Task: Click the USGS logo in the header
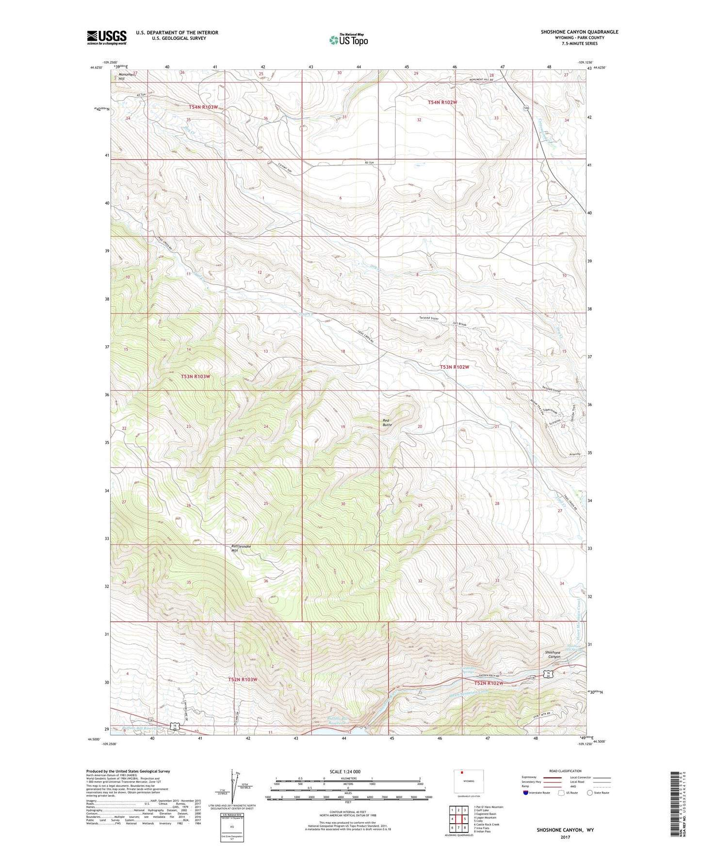pyautogui.click(x=106, y=37)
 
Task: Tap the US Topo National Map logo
pyautogui.click(x=348, y=39)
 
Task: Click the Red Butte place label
pyautogui.click(x=387, y=422)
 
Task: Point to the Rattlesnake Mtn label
pyautogui.click(x=241, y=548)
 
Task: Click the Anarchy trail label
pyautogui.click(x=576, y=455)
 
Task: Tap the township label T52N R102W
pyautogui.click(x=489, y=683)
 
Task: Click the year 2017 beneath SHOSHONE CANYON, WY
pyautogui.click(x=565, y=837)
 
